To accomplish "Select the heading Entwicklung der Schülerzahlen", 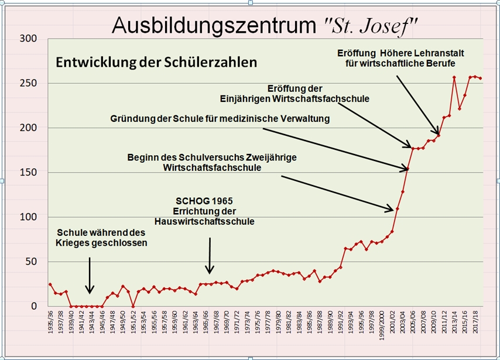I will [x=156, y=62].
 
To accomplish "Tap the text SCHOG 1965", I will [x=204, y=200].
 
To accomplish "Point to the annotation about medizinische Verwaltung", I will [x=220, y=119].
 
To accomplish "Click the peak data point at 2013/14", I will [x=454, y=77].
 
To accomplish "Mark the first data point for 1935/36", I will [x=50, y=284].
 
